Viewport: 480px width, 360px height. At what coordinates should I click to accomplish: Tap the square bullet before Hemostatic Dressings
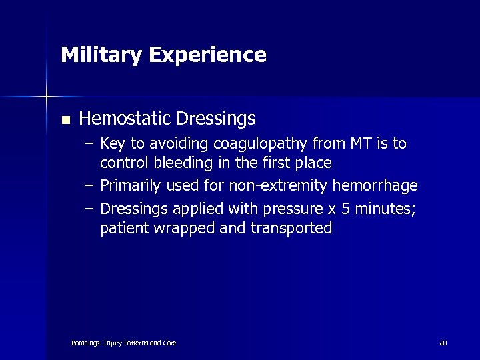[x=65, y=121]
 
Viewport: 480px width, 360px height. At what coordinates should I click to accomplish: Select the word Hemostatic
[x=125, y=119]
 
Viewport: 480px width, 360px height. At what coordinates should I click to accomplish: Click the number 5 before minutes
[x=345, y=209]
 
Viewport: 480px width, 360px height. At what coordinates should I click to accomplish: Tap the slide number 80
[x=443, y=343]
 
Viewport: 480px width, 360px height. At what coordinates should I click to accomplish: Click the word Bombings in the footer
[x=86, y=343]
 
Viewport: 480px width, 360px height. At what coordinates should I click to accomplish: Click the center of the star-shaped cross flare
[x=47, y=97]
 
